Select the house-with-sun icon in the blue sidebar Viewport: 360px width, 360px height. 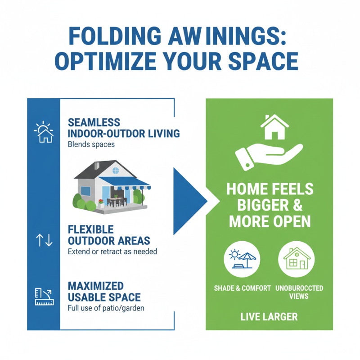pos(44,132)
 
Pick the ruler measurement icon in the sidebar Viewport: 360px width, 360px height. pos(44,296)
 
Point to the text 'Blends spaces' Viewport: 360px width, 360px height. pos(91,145)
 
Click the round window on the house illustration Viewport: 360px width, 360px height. pos(116,171)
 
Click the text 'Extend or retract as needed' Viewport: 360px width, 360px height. pos(112,252)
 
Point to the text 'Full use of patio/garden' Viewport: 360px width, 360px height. pos(106,309)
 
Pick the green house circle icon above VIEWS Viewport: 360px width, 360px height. pos(297,259)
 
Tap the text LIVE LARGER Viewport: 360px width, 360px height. pos(269,316)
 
